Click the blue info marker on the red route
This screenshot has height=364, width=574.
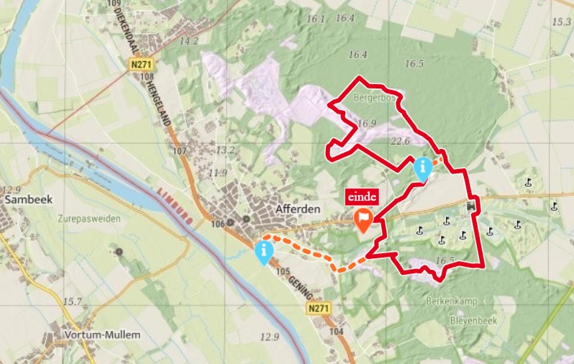click(x=423, y=169)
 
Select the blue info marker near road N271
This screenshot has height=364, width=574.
click(x=264, y=252)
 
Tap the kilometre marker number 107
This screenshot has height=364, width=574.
click(x=179, y=151)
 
